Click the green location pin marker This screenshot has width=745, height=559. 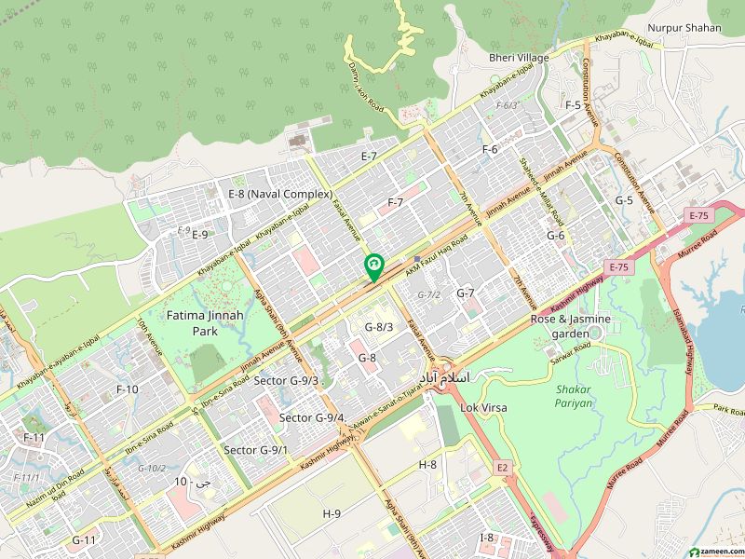tap(374, 267)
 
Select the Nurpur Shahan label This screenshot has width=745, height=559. tap(684, 28)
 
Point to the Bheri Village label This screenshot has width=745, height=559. tap(519, 58)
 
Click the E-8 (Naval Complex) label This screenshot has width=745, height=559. tap(280, 194)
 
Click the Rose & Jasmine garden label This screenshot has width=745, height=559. tap(571, 326)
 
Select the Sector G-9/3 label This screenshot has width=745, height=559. tap(287, 380)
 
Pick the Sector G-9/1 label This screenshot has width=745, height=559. tap(255, 450)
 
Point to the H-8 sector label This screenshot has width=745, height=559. tap(427, 464)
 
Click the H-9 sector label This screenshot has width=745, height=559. tap(332, 513)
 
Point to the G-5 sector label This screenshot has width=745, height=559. tap(623, 200)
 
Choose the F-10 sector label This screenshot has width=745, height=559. tap(127, 389)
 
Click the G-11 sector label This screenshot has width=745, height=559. tap(84, 539)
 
